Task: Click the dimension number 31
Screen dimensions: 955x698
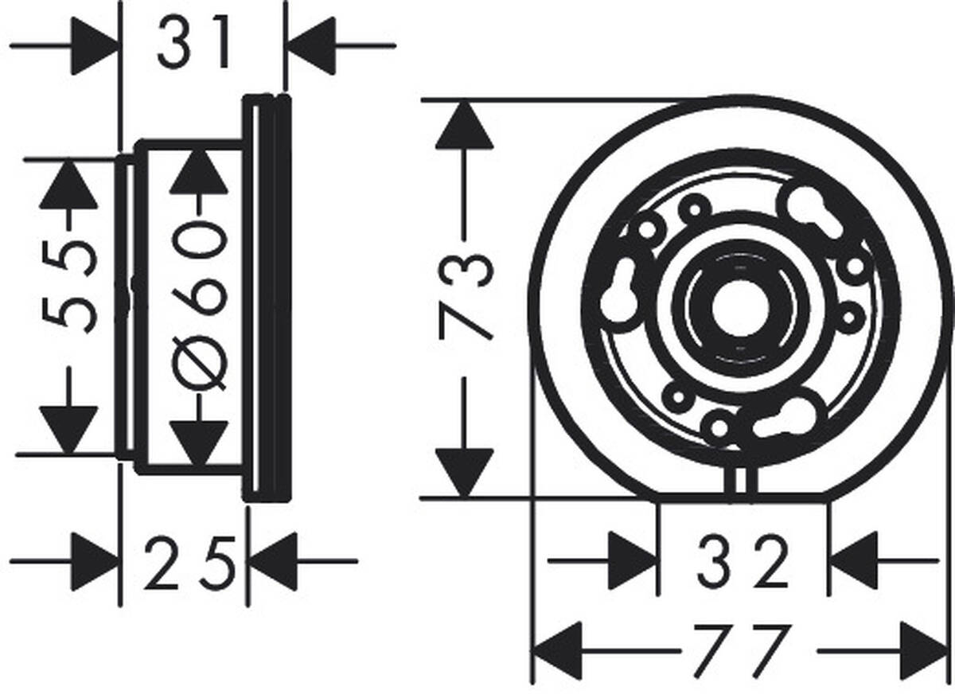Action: [x=194, y=42]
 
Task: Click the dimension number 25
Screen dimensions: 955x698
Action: [x=190, y=563]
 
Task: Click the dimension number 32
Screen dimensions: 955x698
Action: [x=743, y=562]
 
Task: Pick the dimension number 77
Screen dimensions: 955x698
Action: [x=741, y=650]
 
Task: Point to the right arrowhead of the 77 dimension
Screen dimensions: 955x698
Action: [x=924, y=651]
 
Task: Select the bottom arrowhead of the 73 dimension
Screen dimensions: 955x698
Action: [x=464, y=473]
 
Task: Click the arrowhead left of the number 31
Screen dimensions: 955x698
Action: [x=95, y=45]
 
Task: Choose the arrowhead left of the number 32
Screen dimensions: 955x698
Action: [x=633, y=560]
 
